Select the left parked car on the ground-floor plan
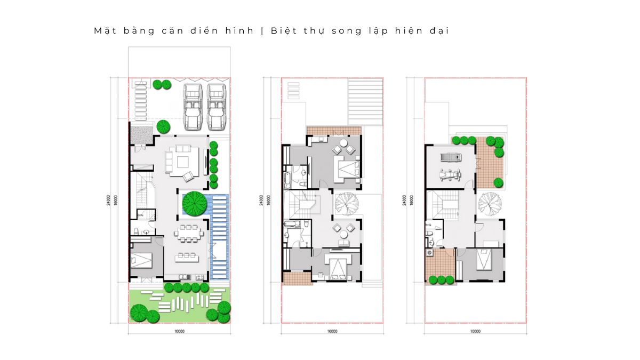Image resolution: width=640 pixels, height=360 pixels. tap(193, 107)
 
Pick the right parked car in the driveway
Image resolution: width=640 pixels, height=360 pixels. tap(217, 107)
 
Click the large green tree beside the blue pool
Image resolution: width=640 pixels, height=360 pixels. tap(195, 203)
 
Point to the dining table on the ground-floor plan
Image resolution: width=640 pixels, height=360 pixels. tap(189, 234)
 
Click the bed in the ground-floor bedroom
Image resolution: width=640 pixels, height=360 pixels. tap(141, 260)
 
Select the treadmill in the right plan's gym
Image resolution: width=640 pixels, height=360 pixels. tap(451, 157)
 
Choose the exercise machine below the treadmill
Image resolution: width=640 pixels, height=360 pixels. tap(450, 175)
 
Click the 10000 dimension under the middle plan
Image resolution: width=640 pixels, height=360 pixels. tap(332, 331)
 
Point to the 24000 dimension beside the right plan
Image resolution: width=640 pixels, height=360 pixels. tap(404, 201)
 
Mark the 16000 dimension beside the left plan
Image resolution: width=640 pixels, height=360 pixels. tap(115, 201)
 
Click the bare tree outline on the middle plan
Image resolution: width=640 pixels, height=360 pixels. tap(347, 204)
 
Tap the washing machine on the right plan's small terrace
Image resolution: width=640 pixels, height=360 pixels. tap(429, 253)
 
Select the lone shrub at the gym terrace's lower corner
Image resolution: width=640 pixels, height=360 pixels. tap(498, 182)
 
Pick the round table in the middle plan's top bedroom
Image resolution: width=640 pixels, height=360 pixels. tap(343, 142)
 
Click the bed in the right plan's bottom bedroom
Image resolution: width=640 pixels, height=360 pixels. tap(484, 259)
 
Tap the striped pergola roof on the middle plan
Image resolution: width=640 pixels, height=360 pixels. tap(365, 102)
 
